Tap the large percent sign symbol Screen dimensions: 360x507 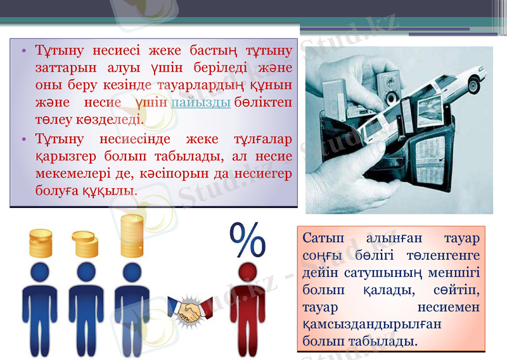pos(247,240)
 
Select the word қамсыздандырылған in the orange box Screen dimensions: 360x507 pos(355,324)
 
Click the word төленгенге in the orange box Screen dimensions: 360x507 pos(444,255)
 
